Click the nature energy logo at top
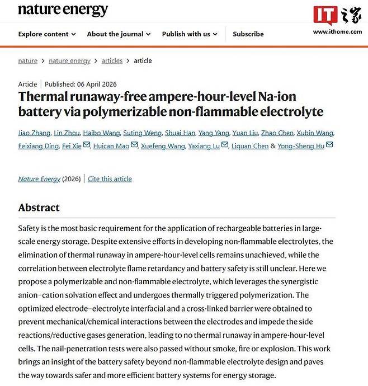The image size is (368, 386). click(63, 11)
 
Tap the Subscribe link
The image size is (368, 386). click(248, 34)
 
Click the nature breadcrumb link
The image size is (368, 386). click(28, 61)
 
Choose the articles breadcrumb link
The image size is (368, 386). click(112, 61)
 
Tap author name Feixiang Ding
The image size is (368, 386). click(38, 145)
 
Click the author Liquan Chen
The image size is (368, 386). click(250, 145)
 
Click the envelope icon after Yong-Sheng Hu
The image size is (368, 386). click(329, 145)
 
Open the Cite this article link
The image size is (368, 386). click(110, 179)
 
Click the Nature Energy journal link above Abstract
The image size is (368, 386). click(40, 179)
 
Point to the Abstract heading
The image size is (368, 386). click(39, 208)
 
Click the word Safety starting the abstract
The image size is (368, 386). click(29, 228)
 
